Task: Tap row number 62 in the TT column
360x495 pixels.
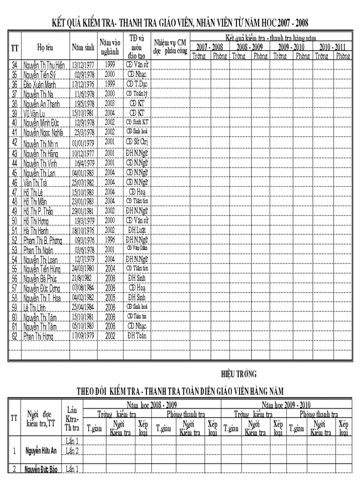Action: (x=15, y=336)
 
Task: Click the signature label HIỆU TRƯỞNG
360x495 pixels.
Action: (x=239, y=374)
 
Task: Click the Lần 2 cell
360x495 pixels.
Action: (x=72, y=450)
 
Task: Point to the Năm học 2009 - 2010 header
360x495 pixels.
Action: (x=286, y=404)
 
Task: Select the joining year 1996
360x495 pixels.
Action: (x=110, y=240)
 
